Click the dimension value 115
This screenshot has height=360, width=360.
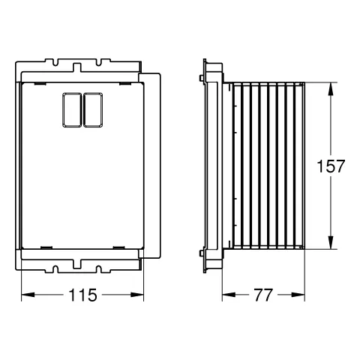(82, 295)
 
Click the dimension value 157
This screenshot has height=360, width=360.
(331, 166)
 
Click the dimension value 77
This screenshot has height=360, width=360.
(263, 295)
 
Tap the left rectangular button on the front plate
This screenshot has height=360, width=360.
(72, 109)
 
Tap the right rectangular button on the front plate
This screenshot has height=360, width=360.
(93, 109)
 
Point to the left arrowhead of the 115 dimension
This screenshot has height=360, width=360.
(28, 295)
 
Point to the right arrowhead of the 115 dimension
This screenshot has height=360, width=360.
(137, 295)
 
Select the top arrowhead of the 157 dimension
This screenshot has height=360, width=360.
(331, 88)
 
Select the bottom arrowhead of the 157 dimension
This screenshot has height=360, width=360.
(331, 242)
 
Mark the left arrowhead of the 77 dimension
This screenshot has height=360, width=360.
(229, 295)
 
